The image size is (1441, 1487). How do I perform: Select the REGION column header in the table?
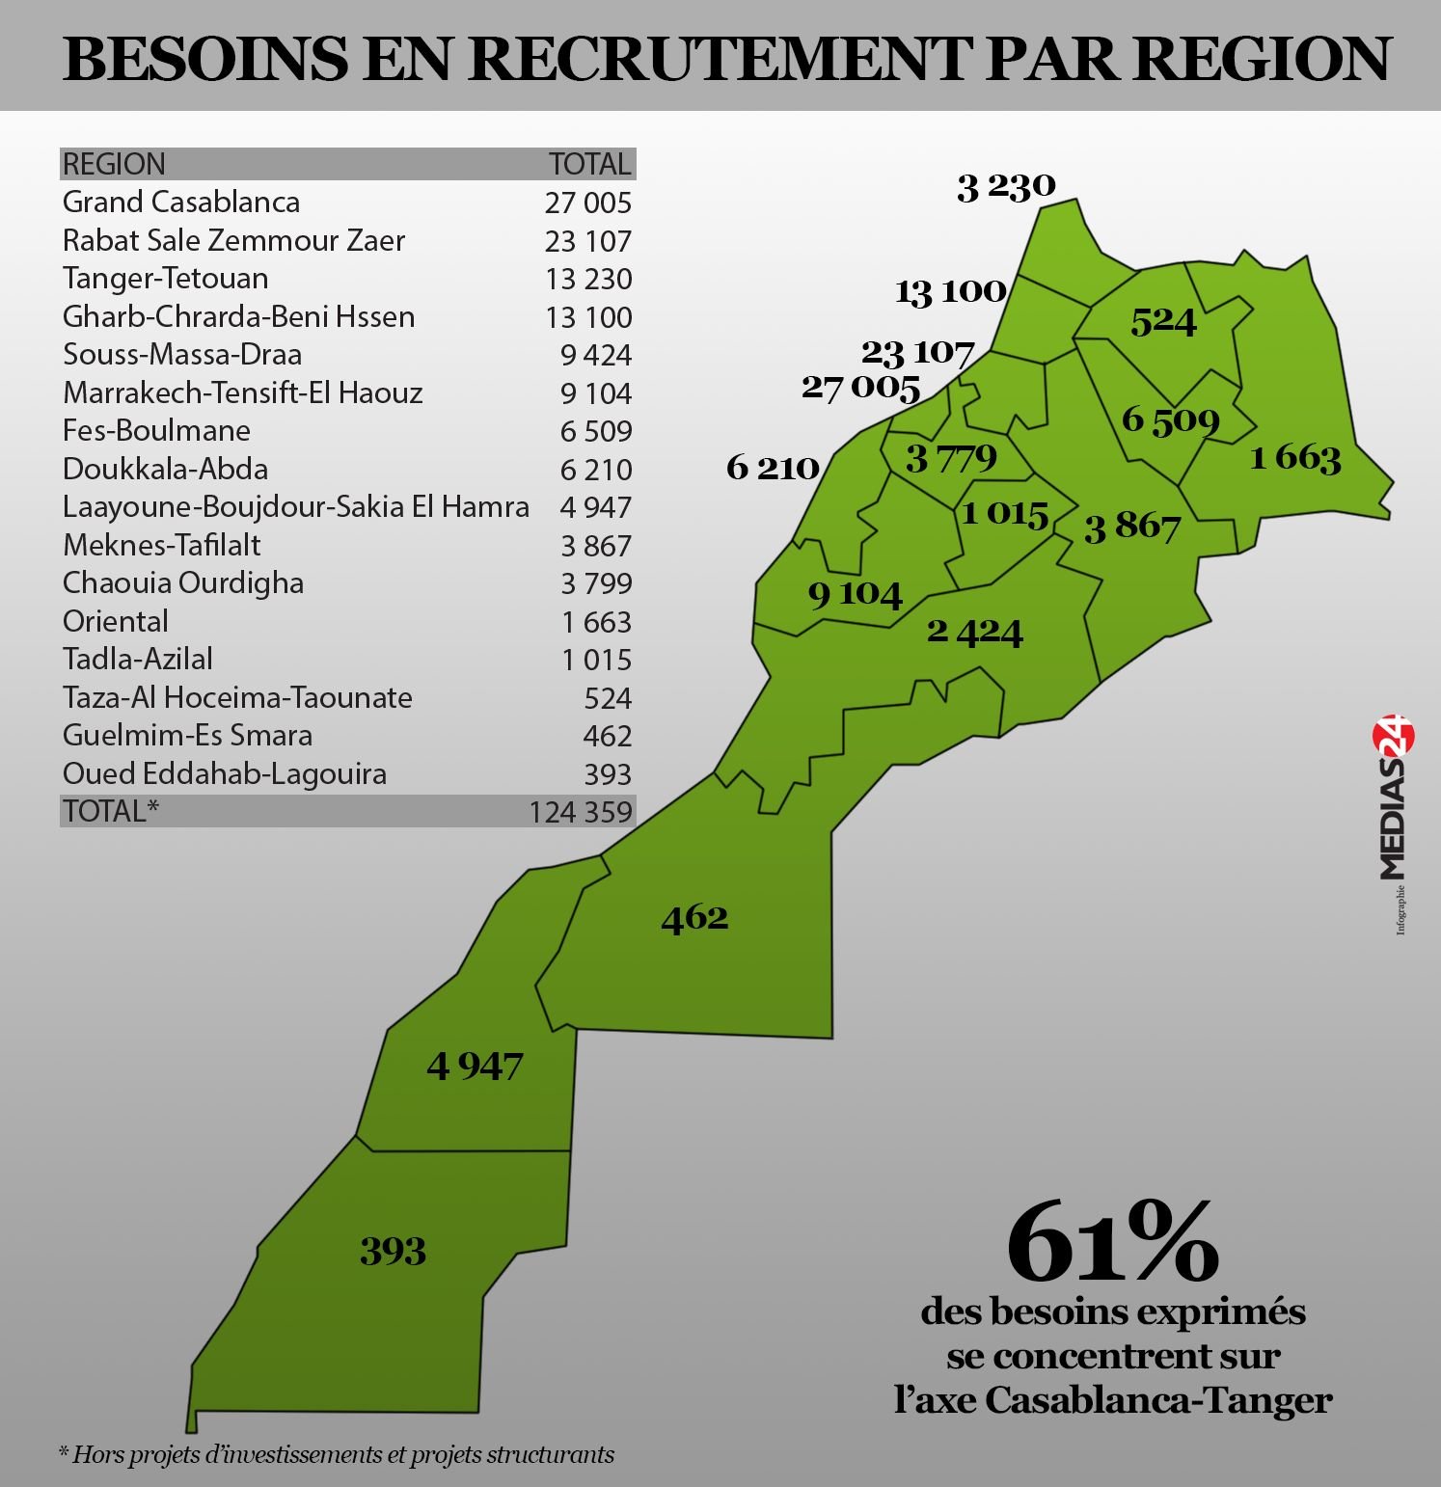coord(114,164)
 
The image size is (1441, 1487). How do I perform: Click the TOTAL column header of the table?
coord(589,164)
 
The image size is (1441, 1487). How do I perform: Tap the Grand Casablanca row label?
coord(181,202)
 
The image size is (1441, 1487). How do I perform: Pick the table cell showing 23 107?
coord(587,240)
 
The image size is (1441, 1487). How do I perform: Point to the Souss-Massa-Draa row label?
coord(182,354)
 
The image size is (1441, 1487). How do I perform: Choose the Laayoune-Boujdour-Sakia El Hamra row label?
coord(295,506)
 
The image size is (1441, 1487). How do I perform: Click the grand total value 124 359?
coord(580,811)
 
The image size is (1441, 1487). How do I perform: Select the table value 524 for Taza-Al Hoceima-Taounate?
coord(608,697)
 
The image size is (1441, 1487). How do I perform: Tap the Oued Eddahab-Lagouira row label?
coord(224,773)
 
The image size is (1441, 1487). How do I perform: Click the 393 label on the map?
coord(393,1251)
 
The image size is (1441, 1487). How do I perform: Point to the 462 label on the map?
coord(694,916)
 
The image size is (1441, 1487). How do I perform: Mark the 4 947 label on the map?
coord(475,1066)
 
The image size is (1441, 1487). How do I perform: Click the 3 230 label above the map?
coord(1006,185)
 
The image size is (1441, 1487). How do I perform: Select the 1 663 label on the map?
coord(1295,457)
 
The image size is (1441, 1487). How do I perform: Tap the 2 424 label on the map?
coord(974,632)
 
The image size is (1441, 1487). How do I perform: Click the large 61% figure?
coord(1112,1244)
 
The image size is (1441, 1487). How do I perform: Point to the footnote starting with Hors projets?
coord(337,1453)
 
